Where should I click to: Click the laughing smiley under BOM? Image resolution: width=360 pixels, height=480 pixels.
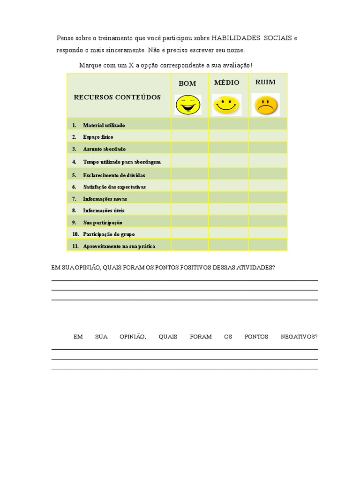click(x=187, y=105)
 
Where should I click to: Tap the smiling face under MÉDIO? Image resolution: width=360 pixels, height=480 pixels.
click(x=226, y=105)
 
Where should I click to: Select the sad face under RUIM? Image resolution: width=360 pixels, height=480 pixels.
click(x=265, y=105)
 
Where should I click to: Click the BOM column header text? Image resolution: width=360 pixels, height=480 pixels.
click(x=187, y=83)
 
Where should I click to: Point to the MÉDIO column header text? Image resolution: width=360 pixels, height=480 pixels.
click(x=227, y=82)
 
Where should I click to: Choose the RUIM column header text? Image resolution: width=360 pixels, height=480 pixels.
click(x=265, y=82)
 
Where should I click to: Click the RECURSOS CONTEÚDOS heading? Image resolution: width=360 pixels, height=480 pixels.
click(x=117, y=97)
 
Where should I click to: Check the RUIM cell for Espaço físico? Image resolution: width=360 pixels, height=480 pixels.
click(x=267, y=136)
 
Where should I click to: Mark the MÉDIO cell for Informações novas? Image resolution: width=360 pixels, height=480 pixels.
click(x=228, y=198)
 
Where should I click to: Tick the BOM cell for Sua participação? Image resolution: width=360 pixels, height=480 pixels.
click(x=189, y=222)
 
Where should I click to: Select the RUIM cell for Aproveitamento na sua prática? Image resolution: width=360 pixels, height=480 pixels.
click(x=267, y=245)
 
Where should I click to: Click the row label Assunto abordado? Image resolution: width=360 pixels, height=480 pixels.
click(x=104, y=149)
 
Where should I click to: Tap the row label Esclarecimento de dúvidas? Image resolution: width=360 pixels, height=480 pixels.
click(x=114, y=175)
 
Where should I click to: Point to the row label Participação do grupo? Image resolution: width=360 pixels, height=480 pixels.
click(x=109, y=233)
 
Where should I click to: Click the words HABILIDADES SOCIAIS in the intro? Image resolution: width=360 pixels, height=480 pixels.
click(x=252, y=37)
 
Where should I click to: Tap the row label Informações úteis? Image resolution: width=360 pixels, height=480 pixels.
click(x=104, y=210)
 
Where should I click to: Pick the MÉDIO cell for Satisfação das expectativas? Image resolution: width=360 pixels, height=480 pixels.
click(x=228, y=187)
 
